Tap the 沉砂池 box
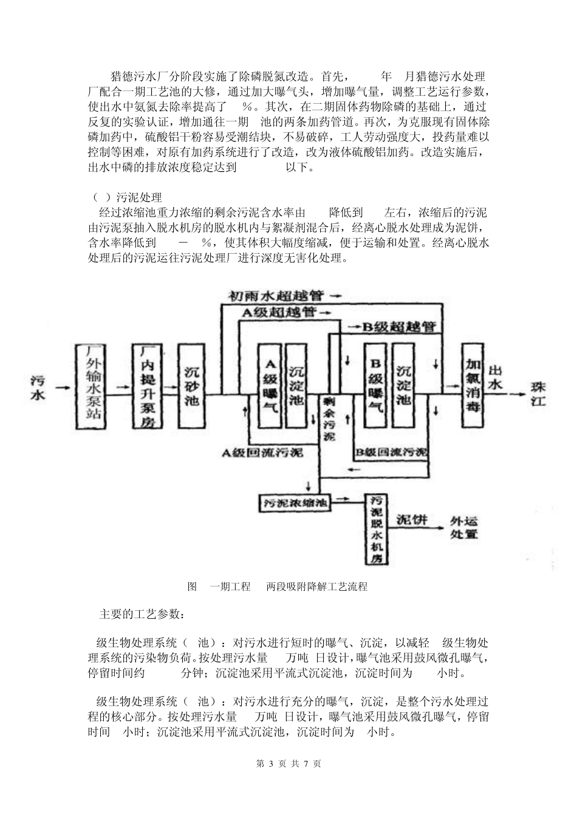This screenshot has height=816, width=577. point(192,386)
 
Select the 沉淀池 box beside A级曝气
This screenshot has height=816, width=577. point(296,386)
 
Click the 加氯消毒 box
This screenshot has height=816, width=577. point(474,386)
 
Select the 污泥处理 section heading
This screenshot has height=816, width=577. point(139,198)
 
